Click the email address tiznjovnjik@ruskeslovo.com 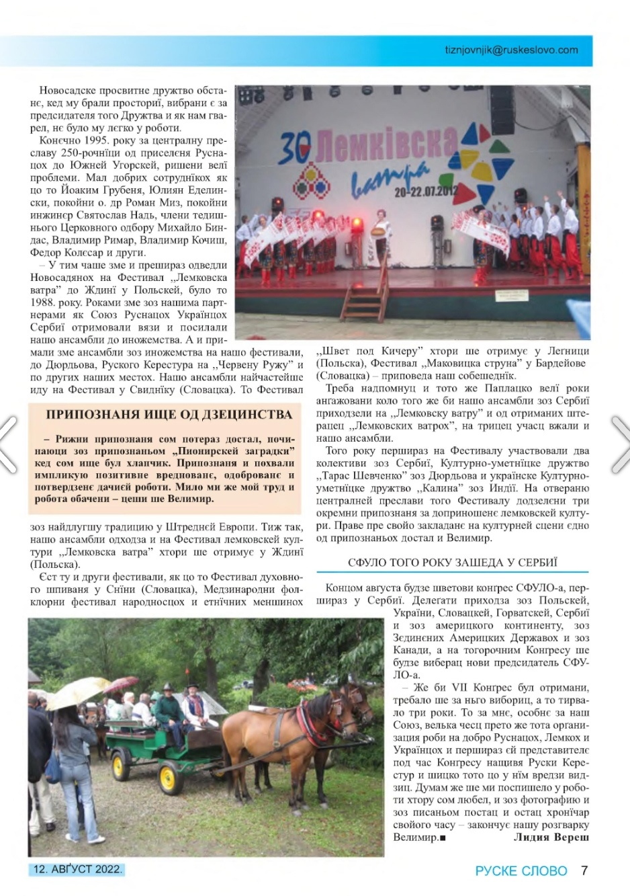[x=510, y=50]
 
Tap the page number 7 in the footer [x=584, y=870]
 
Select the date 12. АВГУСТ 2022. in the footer [x=77, y=868]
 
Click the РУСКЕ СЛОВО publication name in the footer [x=521, y=871]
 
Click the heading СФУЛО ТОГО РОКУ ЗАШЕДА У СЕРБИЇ [x=453, y=563]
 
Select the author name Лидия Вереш [x=551, y=837]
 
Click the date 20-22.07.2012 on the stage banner [x=426, y=191]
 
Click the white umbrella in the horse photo [x=75, y=692]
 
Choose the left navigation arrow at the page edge [x=8, y=444]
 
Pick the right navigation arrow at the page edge [x=621, y=444]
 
